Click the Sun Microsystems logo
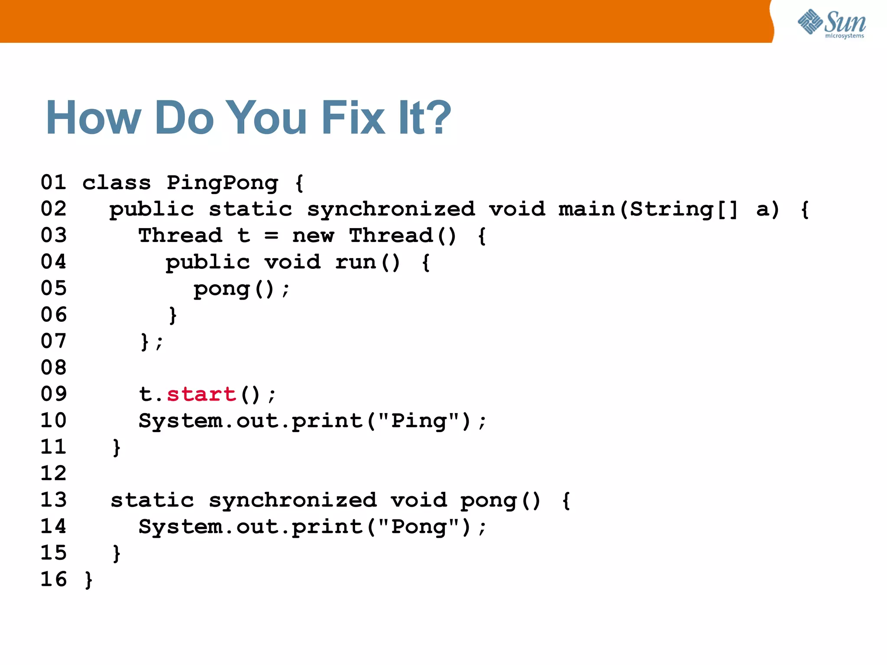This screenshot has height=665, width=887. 831,23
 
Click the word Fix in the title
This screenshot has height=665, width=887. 353,118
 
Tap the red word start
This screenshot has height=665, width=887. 201,394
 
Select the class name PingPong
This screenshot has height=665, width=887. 222,183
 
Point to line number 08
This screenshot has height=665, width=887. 54,368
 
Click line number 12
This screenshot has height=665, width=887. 54,473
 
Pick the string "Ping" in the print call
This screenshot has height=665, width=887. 418,421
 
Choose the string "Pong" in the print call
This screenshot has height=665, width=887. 418,527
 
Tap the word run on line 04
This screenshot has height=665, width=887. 356,262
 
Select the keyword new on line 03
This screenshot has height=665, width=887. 313,236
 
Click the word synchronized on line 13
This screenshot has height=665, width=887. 293,500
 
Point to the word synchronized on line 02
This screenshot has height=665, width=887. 391,210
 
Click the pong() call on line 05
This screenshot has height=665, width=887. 234,289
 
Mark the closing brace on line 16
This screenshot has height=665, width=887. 89,580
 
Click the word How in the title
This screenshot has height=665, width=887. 94,118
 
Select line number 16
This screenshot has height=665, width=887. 54,579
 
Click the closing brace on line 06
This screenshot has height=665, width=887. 173,315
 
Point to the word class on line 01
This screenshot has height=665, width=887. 117,183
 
